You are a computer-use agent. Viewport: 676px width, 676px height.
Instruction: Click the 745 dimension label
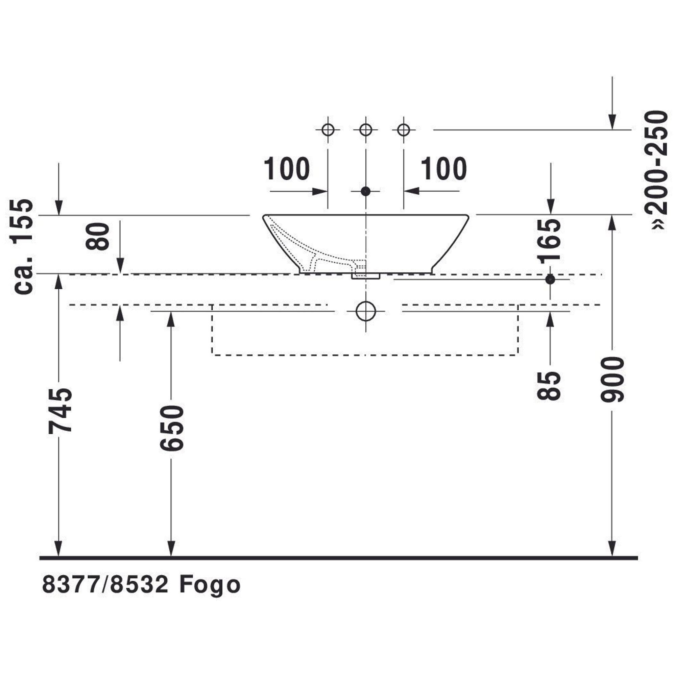[x=60, y=411]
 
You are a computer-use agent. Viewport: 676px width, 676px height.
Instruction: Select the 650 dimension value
[x=172, y=428]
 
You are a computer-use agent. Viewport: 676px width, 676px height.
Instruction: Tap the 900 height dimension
[x=612, y=380]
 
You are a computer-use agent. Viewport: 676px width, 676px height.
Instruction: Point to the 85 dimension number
[x=549, y=386]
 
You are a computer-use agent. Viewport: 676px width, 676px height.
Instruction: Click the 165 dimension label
[x=549, y=241]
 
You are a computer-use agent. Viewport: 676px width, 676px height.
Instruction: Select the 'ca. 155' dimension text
[x=23, y=246]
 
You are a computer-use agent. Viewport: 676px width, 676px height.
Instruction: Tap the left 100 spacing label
[x=287, y=169]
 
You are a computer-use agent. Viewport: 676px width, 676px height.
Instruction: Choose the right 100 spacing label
[x=444, y=169]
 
